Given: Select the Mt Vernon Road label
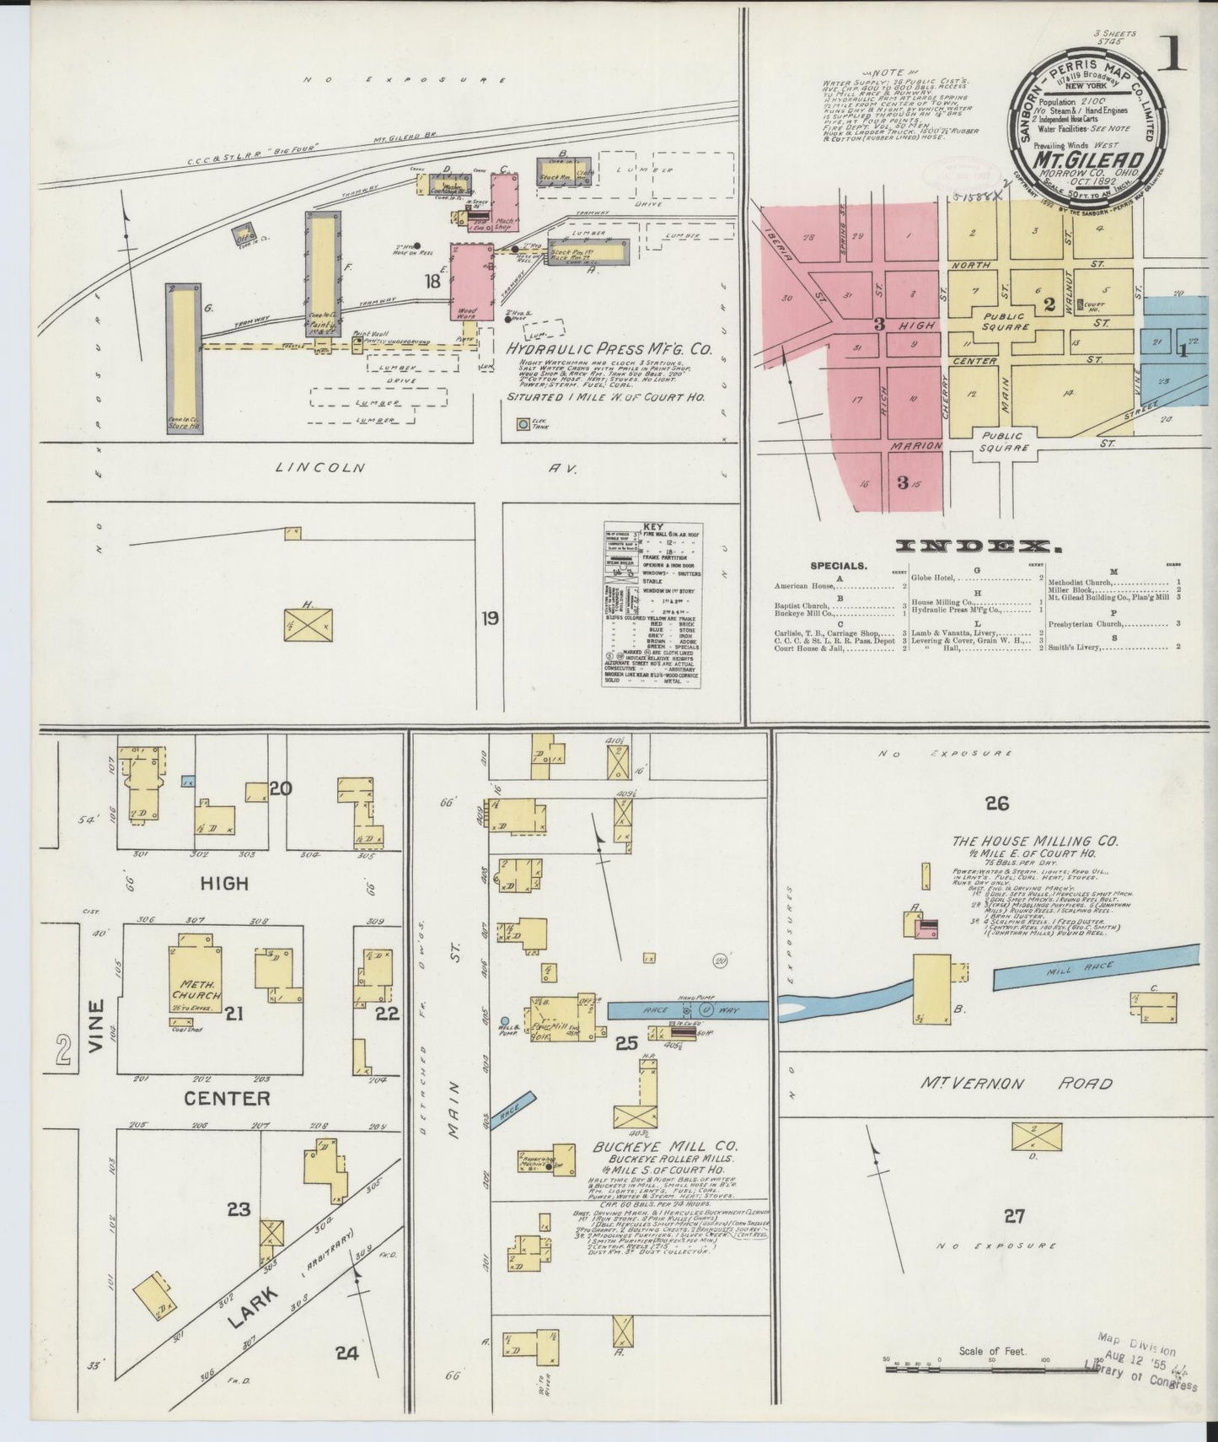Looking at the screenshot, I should pos(1016,1084).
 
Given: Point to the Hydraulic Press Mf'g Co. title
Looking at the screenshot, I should pos(609,348).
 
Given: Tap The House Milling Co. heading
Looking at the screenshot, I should pos(1034,841).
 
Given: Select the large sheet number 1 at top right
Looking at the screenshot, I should pos(1172,55).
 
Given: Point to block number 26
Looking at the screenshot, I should pos(997,804).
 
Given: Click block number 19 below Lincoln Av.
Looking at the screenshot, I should pos(490,619).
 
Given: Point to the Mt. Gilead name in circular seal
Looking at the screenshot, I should pos(1089,159).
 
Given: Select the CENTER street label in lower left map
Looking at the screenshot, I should pos(227,1098).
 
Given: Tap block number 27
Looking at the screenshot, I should pos(1014,1215).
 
